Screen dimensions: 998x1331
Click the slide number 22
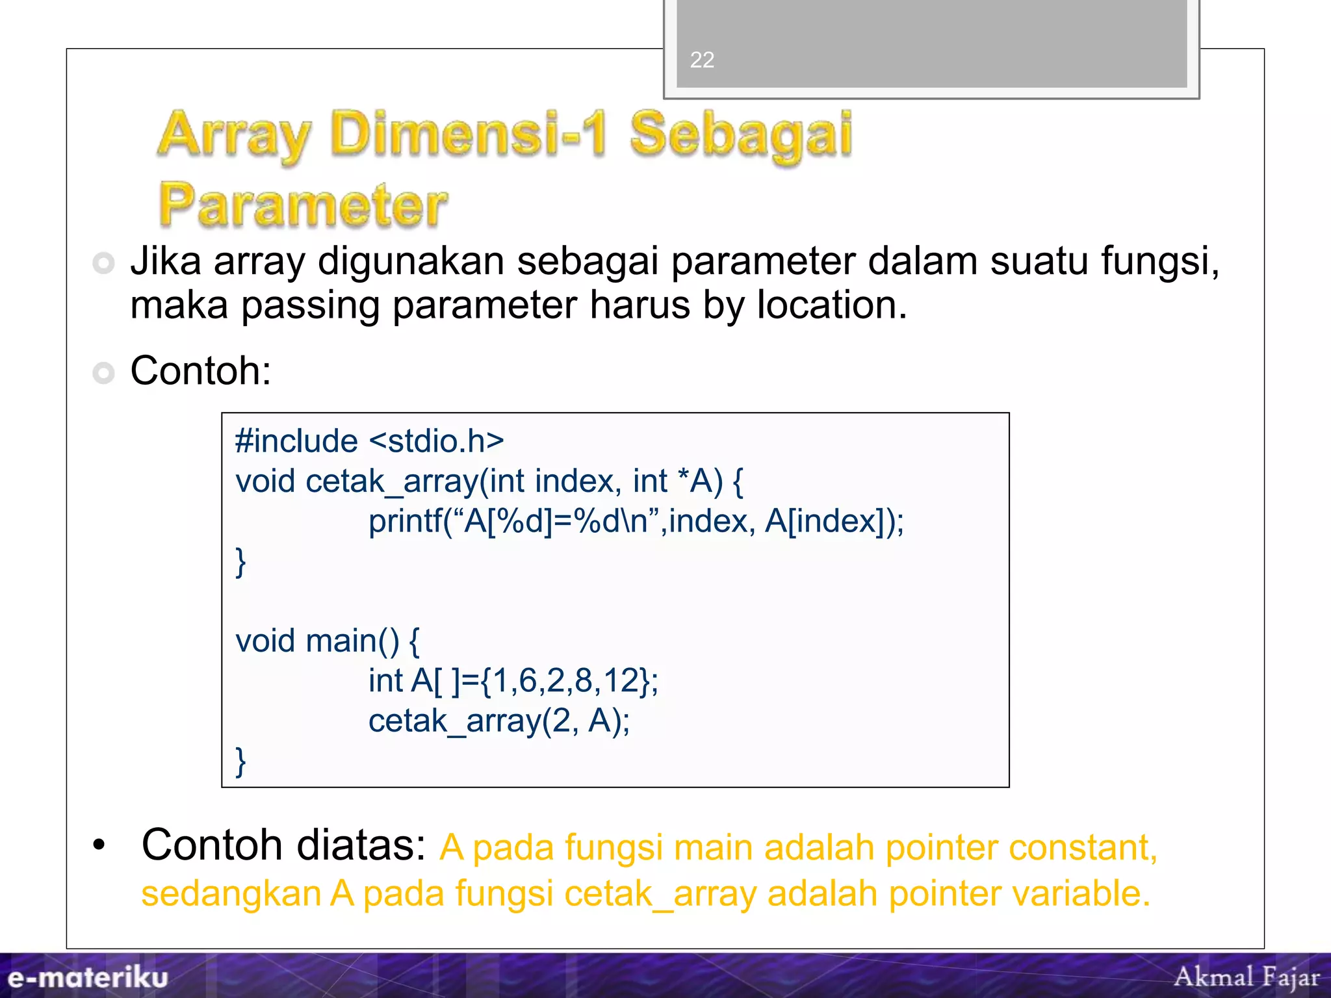coord(702,60)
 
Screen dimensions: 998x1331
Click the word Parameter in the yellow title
coord(303,205)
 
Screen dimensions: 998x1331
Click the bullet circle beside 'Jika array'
coord(103,263)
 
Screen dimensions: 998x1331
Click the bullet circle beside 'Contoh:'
coord(103,373)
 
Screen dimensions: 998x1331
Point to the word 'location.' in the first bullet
coord(832,305)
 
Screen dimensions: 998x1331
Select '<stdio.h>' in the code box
coord(436,441)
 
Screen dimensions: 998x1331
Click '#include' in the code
coord(296,441)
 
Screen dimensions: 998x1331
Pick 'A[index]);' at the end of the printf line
coord(834,521)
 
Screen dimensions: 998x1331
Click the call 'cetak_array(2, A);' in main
coord(499,721)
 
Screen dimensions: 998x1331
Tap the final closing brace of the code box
coord(240,761)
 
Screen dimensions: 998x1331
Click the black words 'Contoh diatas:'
coord(283,845)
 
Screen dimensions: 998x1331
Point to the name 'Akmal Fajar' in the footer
coord(1247,977)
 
